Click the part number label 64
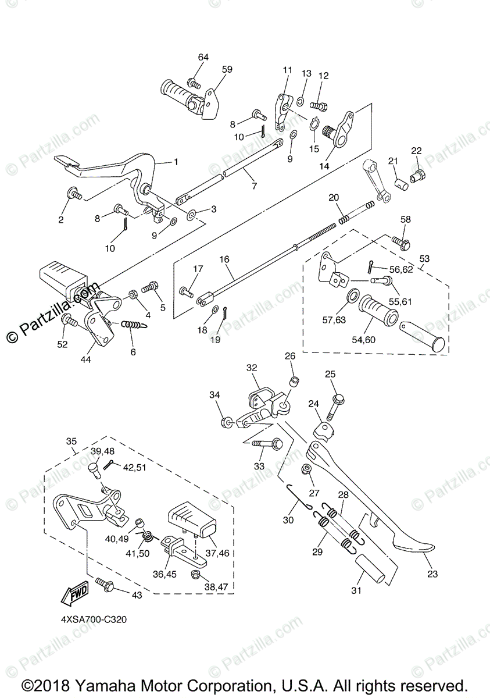coord(203,57)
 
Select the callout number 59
coord(227,69)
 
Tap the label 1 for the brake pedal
coord(176,162)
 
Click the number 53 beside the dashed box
coord(425,257)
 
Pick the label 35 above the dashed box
coord(71,441)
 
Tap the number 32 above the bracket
coord(251,368)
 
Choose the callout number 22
coord(416,151)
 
